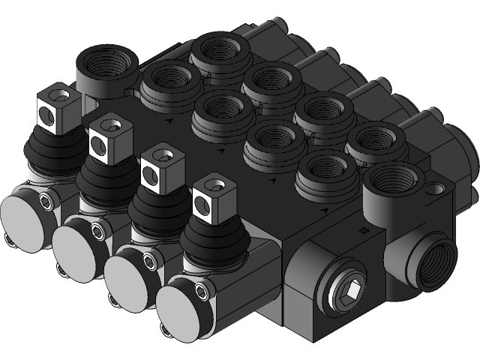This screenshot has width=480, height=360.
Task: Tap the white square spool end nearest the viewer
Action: click(208, 198)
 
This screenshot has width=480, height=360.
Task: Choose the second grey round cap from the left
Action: click(76, 243)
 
